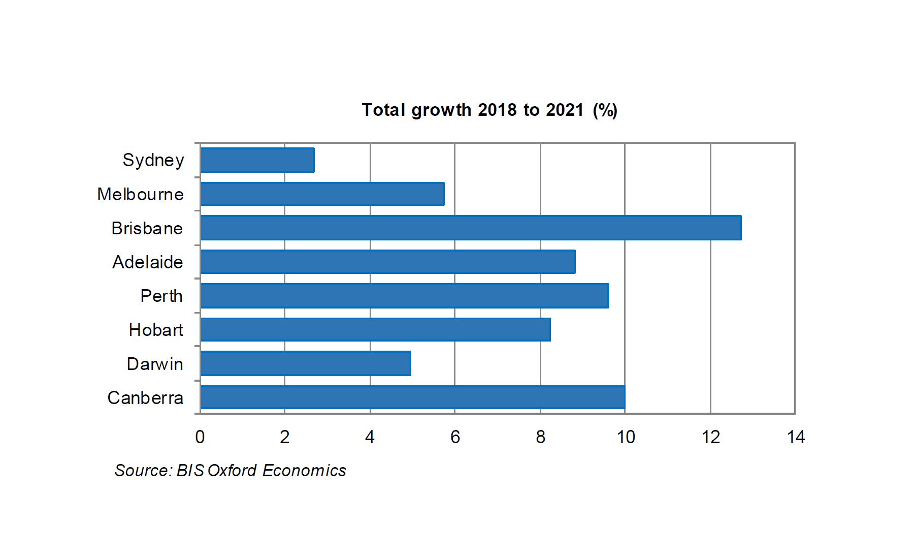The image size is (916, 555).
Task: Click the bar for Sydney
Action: [x=257, y=160]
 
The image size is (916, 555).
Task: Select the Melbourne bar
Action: [x=322, y=194]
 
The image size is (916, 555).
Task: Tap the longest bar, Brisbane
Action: [x=471, y=228]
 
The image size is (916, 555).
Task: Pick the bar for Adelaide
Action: [x=388, y=262]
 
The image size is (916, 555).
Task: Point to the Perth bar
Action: [x=405, y=296]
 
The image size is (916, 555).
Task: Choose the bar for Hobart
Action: [x=375, y=330]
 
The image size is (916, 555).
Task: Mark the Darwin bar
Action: [x=306, y=363]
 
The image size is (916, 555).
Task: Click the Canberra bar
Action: [x=412, y=397]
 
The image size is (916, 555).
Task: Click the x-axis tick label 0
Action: [x=200, y=437]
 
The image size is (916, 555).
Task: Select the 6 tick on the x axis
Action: [x=455, y=437]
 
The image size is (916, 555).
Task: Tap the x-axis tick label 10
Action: [x=626, y=437]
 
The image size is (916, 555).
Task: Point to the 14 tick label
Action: [x=796, y=437]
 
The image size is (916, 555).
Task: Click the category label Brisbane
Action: [x=147, y=229]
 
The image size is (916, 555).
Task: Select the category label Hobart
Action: [x=155, y=330]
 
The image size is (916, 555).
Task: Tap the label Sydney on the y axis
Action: [x=153, y=161]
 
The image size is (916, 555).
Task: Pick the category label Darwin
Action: [x=154, y=364]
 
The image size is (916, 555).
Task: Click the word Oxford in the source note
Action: [x=232, y=471]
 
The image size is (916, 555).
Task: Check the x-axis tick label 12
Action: [x=711, y=437]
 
